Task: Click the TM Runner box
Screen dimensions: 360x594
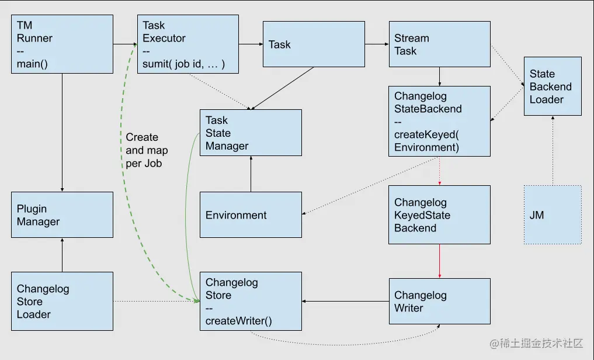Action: pos(62,44)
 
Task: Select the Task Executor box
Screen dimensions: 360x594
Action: pos(188,44)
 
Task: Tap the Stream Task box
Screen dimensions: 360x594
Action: pos(439,44)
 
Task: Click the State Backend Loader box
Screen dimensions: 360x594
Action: pos(552,86)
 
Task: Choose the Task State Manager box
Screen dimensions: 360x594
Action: pos(251,133)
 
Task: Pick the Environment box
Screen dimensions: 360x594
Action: pos(251,215)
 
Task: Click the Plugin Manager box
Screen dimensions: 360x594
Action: pos(62,215)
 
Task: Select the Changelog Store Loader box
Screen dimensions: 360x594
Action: pos(62,302)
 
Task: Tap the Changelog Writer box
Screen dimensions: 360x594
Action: pos(439,302)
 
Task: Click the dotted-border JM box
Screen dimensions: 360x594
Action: pos(552,215)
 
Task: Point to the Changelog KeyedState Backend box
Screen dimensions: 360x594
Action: pos(439,215)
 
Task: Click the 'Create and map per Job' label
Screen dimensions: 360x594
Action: pos(144,150)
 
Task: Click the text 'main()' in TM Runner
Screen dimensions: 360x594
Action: pos(32,64)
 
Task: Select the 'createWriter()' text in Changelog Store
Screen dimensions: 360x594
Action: pos(239,321)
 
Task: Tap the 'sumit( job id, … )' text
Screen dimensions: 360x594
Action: pos(184,64)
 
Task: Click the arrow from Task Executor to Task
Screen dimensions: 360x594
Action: pos(251,44)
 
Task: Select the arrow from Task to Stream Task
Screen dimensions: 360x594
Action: pos(377,44)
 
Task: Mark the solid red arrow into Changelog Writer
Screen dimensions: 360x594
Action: pos(439,261)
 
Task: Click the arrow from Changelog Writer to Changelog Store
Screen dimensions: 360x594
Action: pos(345,302)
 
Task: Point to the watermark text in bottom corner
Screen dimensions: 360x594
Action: pos(536,344)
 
